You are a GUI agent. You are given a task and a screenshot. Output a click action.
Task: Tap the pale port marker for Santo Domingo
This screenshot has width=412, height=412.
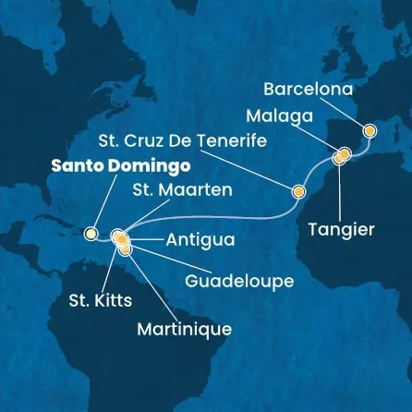[x=91, y=234]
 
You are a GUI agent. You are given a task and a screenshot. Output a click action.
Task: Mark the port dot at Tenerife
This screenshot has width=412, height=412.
[x=298, y=192]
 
